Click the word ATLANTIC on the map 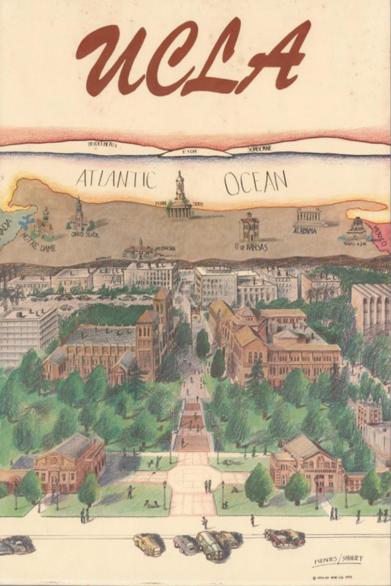coord(116,180)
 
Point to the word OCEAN coord(255,182)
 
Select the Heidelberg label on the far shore coord(102,145)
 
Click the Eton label coord(189,152)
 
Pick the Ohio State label coord(85,234)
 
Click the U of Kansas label coord(251,247)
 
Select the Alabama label coord(304,231)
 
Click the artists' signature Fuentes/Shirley coord(338,561)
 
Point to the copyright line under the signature coord(332,577)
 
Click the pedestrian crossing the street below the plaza coord(205,522)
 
